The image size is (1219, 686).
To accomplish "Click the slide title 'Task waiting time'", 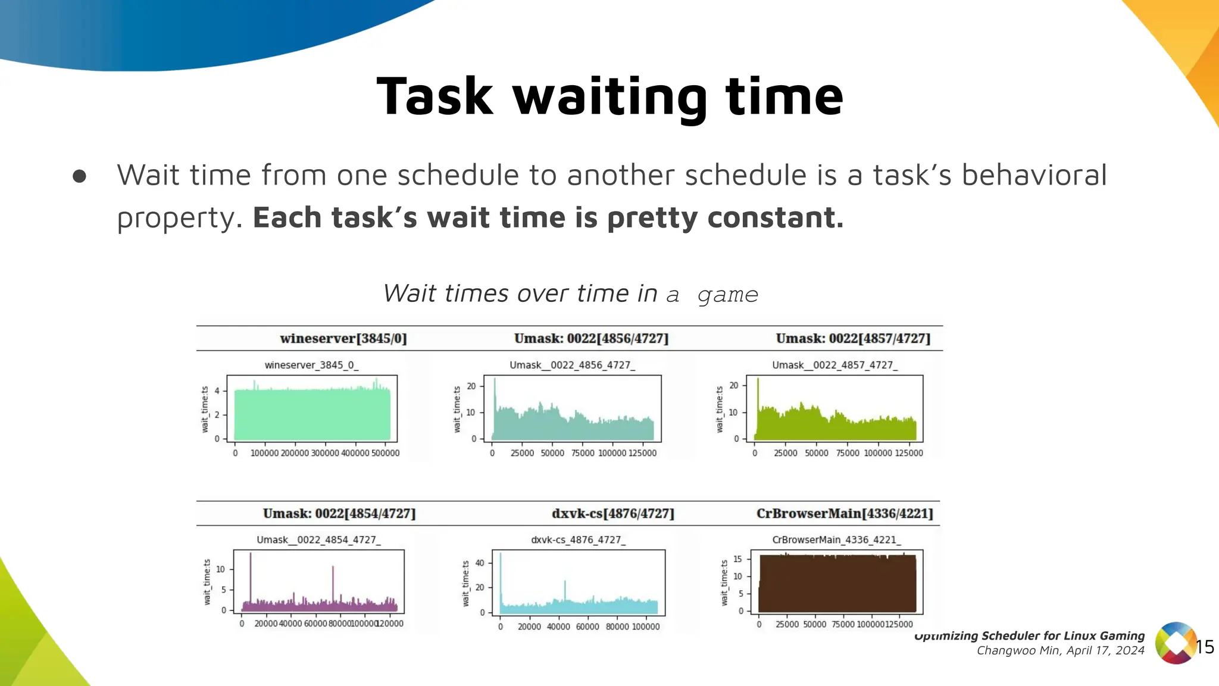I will point(609,96).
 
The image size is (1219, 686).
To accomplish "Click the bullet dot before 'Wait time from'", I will point(79,176).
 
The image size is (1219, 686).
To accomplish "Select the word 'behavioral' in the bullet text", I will point(1034,175).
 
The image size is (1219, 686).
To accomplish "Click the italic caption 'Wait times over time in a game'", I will point(570,294).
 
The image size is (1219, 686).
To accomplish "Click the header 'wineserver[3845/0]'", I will point(343,339).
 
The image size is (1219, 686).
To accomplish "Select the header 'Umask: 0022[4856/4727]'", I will point(591,339).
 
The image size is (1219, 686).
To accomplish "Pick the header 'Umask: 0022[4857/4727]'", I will point(852,339).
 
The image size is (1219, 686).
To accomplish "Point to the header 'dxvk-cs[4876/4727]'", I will point(612,514).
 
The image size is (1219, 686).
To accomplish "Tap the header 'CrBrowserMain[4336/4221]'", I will point(844,514).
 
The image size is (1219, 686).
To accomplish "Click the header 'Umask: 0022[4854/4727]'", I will point(339,514).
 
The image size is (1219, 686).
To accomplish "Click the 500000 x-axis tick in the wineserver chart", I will point(385,453).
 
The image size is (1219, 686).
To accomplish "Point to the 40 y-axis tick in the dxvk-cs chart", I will point(480,563).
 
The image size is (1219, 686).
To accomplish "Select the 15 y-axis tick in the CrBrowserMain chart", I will point(737,559).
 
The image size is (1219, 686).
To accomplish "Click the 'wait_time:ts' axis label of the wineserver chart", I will point(205,409).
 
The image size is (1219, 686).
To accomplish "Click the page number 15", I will point(1205,647).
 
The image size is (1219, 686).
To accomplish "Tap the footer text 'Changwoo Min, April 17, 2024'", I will point(1060,651).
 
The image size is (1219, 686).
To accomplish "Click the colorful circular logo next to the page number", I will point(1175,643).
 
